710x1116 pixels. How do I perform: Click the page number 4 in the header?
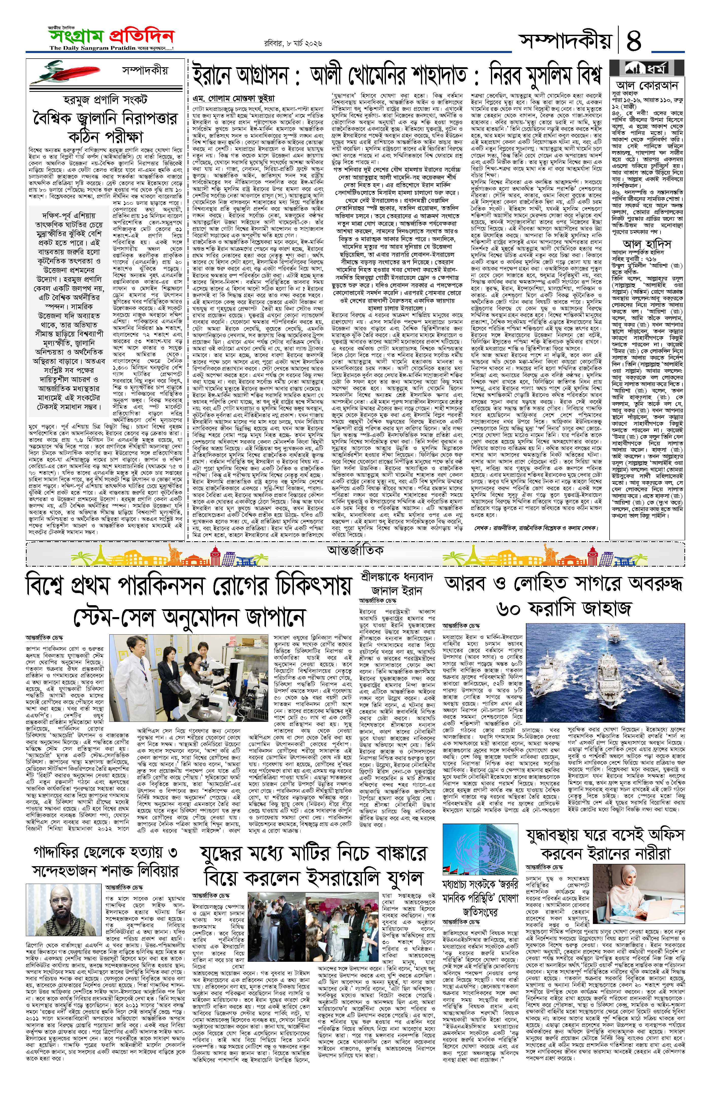pos(633,40)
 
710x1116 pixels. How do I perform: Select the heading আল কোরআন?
pos(647,85)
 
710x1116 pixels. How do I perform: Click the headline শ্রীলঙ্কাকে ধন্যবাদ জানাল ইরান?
pos(396,584)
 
